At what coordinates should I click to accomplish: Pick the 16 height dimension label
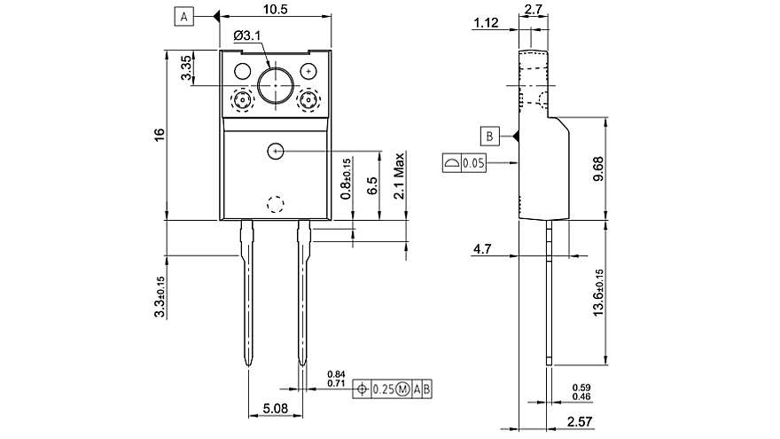[x=159, y=134]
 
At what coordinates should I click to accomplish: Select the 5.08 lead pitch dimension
[x=274, y=409]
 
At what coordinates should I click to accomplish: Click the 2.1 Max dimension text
[x=400, y=177]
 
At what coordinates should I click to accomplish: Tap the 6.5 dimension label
[x=372, y=185]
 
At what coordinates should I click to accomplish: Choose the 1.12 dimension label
[x=485, y=23]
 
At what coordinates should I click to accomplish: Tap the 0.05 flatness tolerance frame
[x=464, y=163]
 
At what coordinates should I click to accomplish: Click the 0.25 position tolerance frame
[x=394, y=388]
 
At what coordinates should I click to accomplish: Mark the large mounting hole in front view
[x=276, y=85]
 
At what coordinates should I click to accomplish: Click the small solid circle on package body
[x=276, y=151]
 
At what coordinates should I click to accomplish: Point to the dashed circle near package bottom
[x=276, y=204]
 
